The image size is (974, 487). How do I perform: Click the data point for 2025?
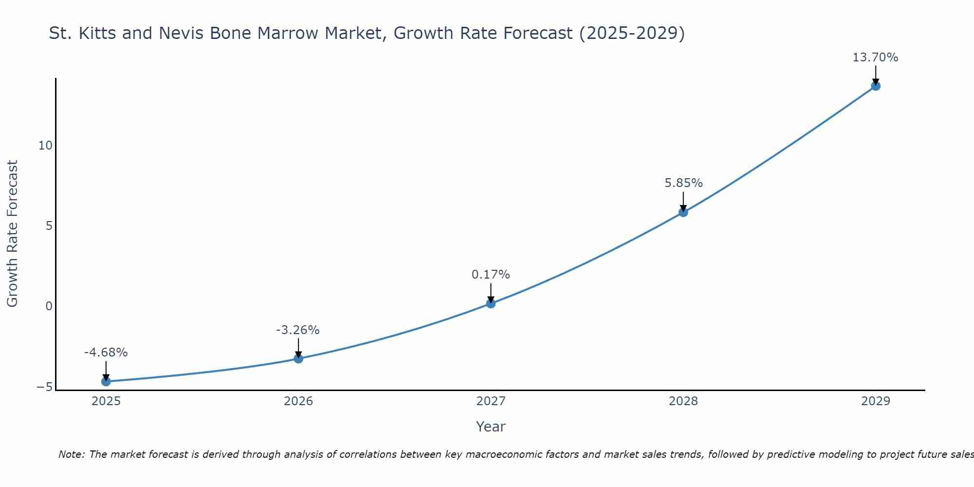click(x=106, y=381)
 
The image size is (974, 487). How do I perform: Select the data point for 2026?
click(x=299, y=358)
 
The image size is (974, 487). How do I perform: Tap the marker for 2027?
click(x=491, y=303)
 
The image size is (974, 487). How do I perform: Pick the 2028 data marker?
click(x=683, y=212)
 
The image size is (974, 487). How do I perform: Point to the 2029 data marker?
click(x=876, y=86)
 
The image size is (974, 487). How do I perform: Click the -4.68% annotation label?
click(x=106, y=352)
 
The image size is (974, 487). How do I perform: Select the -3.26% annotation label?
click(x=298, y=330)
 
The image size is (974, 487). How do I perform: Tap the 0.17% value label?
click(x=490, y=274)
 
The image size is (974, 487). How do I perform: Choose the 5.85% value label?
click(x=683, y=183)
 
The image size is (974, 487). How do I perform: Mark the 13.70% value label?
click(x=875, y=57)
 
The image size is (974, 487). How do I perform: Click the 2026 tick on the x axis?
click(x=299, y=401)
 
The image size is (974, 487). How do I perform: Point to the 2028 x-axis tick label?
click(x=683, y=401)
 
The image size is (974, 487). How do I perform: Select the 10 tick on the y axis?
click(x=45, y=145)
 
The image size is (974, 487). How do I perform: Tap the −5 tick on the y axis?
click(x=44, y=387)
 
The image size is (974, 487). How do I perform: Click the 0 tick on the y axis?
click(x=49, y=306)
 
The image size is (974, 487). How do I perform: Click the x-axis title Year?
click(x=490, y=426)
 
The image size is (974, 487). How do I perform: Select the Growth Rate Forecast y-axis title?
click(x=12, y=233)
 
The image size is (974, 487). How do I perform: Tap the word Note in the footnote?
click(x=71, y=454)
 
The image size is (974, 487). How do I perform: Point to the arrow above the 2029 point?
click(x=876, y=75)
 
